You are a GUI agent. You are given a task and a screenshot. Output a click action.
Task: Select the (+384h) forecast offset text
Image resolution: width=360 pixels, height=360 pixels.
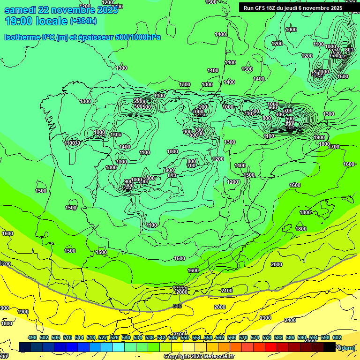pos(83,21)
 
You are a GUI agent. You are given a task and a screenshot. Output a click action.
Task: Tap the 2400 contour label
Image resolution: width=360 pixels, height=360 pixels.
pos(290,320)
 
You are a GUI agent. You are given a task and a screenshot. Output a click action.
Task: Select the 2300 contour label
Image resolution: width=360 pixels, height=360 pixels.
pos(265,318)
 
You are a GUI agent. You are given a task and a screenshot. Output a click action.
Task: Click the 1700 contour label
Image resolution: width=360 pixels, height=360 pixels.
pos(334,147)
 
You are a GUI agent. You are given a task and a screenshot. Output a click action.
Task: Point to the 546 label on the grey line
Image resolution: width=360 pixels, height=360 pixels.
pos(177,306)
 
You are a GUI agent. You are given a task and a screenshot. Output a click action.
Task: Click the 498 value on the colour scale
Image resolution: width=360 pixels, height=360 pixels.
pos(32,337)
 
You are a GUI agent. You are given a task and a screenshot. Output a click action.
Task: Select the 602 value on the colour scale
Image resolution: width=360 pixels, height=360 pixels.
pos(337,337)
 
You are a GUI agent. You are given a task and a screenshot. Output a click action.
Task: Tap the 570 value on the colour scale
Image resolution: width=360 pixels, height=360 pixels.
pos(243,337)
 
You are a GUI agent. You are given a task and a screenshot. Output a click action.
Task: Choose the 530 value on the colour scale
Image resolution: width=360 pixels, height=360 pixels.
pos(126,337)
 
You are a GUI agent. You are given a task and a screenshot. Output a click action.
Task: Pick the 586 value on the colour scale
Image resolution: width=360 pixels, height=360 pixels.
pos(290,337)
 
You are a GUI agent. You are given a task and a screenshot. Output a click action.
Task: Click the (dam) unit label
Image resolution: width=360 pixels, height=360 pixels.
pos(347,347)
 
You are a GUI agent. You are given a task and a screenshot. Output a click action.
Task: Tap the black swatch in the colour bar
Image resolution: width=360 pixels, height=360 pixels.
pos(329,347)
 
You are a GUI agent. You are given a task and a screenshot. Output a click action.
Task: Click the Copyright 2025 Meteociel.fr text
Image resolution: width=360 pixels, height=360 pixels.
pos(199,357)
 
